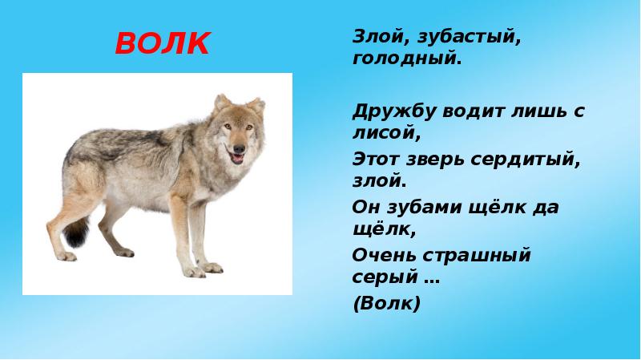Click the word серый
(382, 280)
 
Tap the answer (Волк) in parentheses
(386, 305)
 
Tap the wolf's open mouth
(236, 158)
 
